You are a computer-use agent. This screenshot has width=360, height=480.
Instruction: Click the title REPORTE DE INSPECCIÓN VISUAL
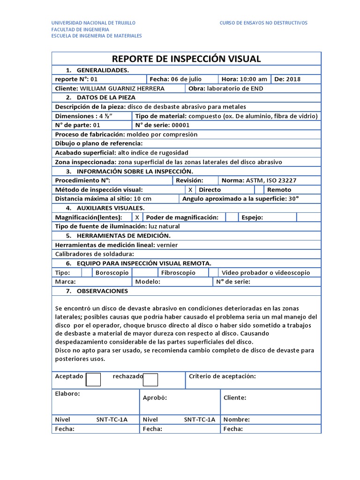[x=187, y=59]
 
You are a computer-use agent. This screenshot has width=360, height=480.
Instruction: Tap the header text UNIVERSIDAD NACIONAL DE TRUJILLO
[x=93, y=22]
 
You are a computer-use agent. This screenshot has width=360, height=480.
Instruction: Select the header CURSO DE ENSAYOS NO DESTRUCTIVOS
[x=263, y=22]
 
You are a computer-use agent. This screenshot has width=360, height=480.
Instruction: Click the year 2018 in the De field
[x=293, y=79]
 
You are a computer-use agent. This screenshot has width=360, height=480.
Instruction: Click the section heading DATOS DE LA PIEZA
[x=106, y=97]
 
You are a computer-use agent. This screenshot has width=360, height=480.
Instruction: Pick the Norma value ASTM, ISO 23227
[x=271, y=180]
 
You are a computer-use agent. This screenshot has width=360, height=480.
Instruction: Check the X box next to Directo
[x=190, y=190]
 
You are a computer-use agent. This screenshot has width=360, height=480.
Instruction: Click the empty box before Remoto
[x=259, y=190]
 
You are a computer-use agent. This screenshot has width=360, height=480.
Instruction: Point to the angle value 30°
[x=293, y=199]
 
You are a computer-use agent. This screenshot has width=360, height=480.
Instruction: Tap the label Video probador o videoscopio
[x=266, y=272]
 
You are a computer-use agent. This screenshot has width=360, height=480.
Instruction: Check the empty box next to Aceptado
[x=94, y=380]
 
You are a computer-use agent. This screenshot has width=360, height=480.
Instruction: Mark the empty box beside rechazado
[x=150, y=380]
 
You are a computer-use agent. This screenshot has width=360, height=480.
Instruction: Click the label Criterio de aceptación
[x=222, y=376]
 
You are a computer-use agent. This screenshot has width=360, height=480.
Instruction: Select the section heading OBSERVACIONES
[x=102, y=291]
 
